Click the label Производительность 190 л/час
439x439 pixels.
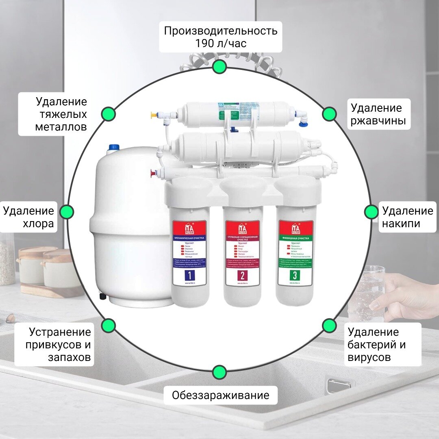click(x=220, y=37)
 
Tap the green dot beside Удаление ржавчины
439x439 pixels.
click(x=329, y=114)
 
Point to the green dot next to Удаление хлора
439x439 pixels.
click(x=67, y=212)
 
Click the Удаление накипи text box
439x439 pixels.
click(x=408, y=217)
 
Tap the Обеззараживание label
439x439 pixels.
click(x=220, y=395)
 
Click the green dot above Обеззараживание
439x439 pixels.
click(x=219, y=372)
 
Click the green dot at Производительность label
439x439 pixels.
click(x=219, y=67)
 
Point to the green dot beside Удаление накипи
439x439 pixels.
click(x=371, y=212)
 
